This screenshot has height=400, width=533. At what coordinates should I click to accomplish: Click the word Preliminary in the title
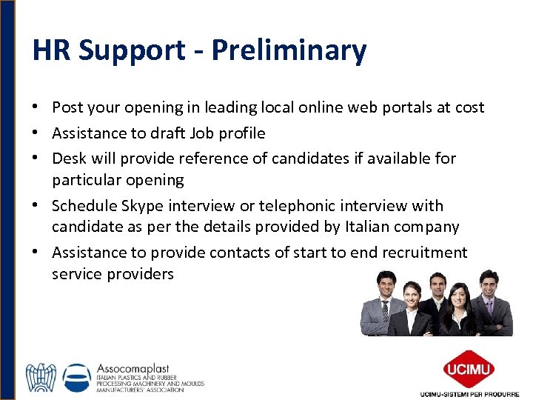(x=289, y=51)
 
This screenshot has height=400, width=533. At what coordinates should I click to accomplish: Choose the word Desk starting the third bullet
(x=69, y=158)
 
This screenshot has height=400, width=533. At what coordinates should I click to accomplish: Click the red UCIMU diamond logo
(x=469, y=368)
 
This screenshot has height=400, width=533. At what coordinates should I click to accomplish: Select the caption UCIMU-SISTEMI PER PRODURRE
(x=469, y=393)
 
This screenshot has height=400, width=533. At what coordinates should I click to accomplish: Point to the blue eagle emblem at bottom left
(x=41, y=378)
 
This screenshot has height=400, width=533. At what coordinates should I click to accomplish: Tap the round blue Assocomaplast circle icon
(x=78, y=378)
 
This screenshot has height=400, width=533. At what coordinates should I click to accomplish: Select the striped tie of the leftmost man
(x=386, y=310)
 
